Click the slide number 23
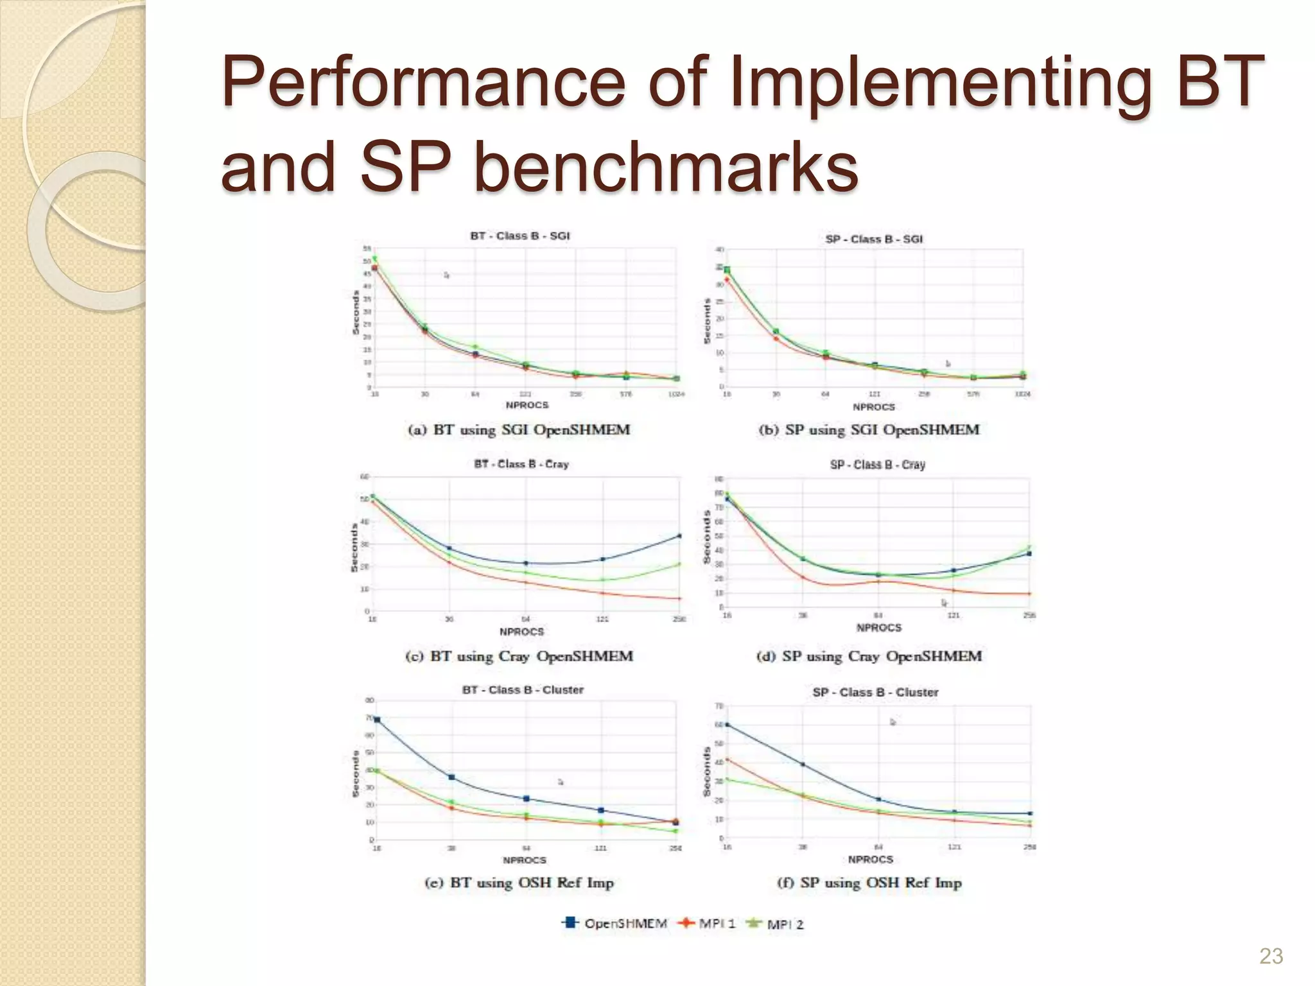tap(1271, 956)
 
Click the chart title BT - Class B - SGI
tap(520, 236)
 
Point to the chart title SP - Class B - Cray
tap(877, 464)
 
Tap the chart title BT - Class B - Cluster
tap(523, 689)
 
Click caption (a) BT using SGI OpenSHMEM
tap(519, 429)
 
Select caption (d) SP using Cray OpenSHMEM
tap(869, 656)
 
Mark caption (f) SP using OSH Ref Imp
tap(869, 883)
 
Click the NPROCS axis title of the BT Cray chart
tap(521, 632)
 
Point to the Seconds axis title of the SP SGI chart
tap(708, 321)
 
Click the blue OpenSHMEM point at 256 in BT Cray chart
tap(679, 536)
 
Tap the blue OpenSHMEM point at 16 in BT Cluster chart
tap(377, 720)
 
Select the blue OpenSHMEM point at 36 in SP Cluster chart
tap(803, 765)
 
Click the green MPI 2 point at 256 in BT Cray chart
tap(679, 564)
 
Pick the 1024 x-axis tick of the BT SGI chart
tap(676, 394)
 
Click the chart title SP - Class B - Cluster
tap(875, 692)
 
